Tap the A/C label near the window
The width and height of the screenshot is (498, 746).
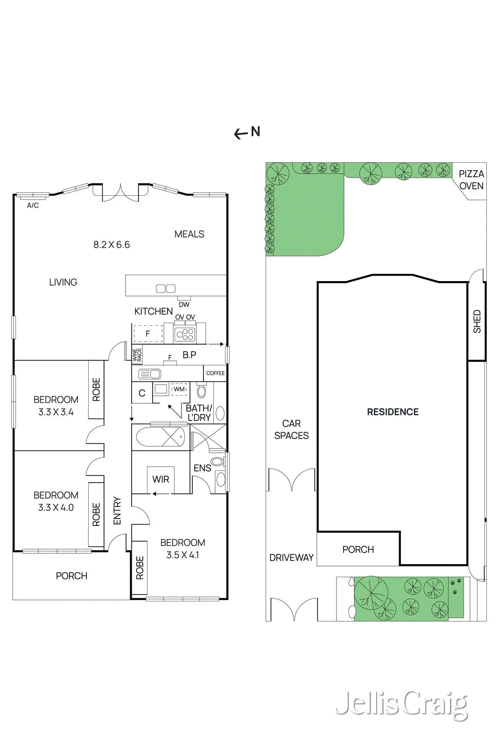point(33,205)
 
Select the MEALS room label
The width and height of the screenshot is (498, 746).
point(189,234)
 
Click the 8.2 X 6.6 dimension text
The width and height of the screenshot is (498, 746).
point(112,245)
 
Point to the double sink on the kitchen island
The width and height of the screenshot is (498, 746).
point(165,289)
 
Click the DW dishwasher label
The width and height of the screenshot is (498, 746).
point(184,304)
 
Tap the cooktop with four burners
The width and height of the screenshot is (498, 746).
point(185,334)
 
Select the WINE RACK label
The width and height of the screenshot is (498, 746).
point(137,355)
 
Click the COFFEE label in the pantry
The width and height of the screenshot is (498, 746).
point(215,373)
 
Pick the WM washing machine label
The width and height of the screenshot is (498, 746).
point(179,389)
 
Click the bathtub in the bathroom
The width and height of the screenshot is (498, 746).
point(160,437)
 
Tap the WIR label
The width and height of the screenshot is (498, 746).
point(161,479)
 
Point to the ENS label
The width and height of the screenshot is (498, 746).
point(202,468)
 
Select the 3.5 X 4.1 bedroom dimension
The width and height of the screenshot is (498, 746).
point(182,555)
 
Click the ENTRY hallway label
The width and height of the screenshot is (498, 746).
point(117,511)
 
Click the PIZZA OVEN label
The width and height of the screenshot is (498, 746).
point(471,180)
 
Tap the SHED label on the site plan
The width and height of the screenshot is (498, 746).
point(477,321)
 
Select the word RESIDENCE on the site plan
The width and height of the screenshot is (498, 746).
point(393,412)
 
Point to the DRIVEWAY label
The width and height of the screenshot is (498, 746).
point(291,558)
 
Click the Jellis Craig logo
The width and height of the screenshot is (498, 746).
point(401,705)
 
